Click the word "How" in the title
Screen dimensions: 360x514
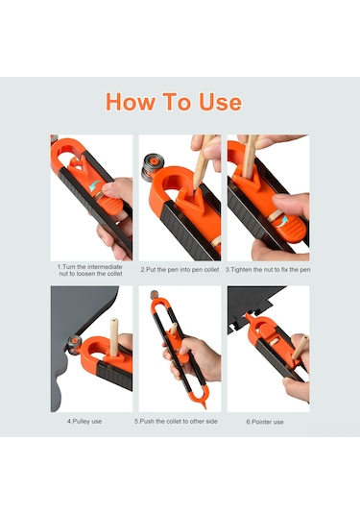(131, 102)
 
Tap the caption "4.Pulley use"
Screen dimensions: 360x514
(84, 421)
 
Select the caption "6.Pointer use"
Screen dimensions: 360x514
(265, 422)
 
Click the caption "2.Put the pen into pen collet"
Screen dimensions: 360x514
(180, 270)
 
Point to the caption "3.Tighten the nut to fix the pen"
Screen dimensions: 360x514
(268, 270)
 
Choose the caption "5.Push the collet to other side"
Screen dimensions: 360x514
(176, 421)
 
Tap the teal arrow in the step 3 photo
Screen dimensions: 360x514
(282, 221)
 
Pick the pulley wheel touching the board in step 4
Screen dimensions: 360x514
(74, 345)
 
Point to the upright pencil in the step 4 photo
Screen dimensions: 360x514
(113, 337)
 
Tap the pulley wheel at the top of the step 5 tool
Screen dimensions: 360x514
(154, 294)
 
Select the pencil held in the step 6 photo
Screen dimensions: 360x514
(300, 348)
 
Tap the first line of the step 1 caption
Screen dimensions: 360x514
(89, 266)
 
